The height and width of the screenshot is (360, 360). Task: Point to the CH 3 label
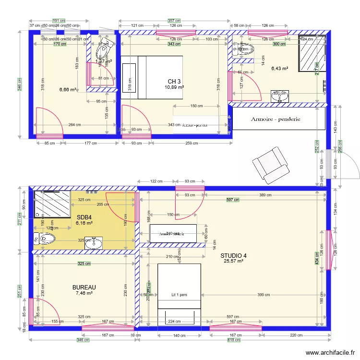coord(174,81)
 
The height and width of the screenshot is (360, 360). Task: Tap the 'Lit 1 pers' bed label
coord(179,295)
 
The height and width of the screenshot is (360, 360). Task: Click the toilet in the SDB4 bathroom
coord(45,238)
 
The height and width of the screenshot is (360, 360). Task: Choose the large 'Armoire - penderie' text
coord(276,119)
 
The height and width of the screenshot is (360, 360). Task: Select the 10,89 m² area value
coord(174,87)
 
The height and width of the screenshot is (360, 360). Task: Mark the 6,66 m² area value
coord(68,89)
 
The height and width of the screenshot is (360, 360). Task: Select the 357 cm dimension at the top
coord(174,21)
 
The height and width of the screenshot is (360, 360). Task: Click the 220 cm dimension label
coord(296,336)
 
